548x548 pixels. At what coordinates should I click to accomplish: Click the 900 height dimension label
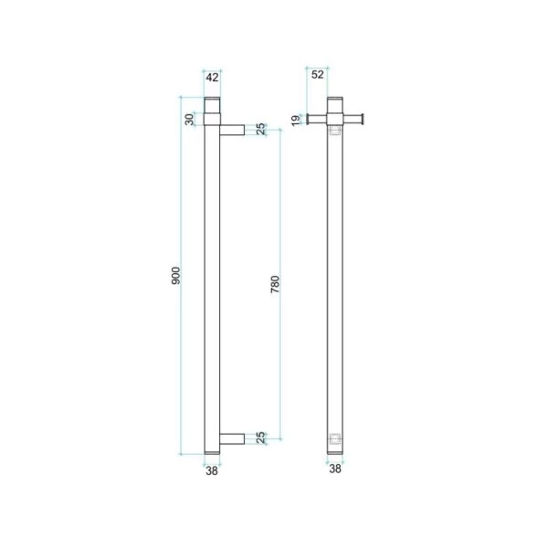176,274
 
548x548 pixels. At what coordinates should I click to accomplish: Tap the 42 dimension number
211,77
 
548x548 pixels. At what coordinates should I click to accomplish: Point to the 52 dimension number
318,75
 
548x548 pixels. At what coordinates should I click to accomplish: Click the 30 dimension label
190,120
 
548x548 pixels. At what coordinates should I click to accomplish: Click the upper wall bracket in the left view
232,130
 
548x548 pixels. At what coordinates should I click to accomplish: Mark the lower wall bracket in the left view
232,437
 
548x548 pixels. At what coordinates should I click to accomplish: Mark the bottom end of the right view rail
336,450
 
